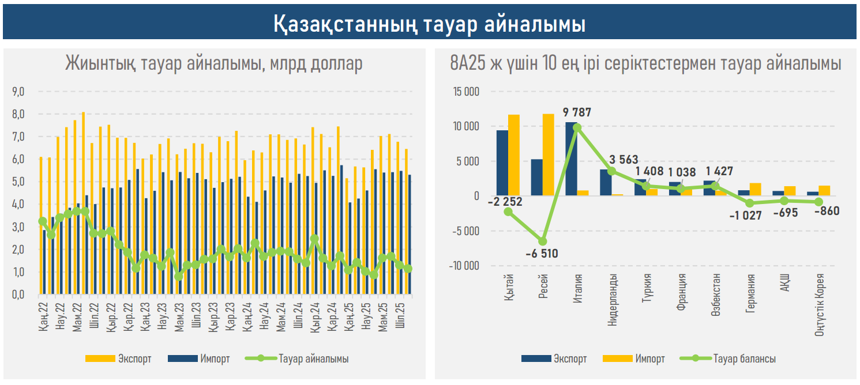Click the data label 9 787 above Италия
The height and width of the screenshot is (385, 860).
577,112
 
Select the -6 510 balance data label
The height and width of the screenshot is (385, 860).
542,254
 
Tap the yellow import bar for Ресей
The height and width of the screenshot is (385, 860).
549,154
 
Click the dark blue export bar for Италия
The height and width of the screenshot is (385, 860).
571,158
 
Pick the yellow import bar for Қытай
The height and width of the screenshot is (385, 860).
514,155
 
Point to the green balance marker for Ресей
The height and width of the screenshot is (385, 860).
543,241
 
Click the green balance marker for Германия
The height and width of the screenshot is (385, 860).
749,203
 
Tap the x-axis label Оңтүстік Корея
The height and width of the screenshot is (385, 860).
819,305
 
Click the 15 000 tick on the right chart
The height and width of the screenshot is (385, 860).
466,92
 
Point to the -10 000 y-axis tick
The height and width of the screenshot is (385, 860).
464,265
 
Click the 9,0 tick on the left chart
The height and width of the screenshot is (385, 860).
18,92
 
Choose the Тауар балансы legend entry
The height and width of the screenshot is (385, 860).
727,358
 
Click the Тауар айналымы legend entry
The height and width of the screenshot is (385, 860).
297,358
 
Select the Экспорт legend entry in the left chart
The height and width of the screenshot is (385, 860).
118,358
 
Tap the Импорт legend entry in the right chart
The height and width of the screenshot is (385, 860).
633,358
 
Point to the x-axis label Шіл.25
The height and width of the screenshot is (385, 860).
400,316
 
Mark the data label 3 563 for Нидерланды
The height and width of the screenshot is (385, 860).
623,160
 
